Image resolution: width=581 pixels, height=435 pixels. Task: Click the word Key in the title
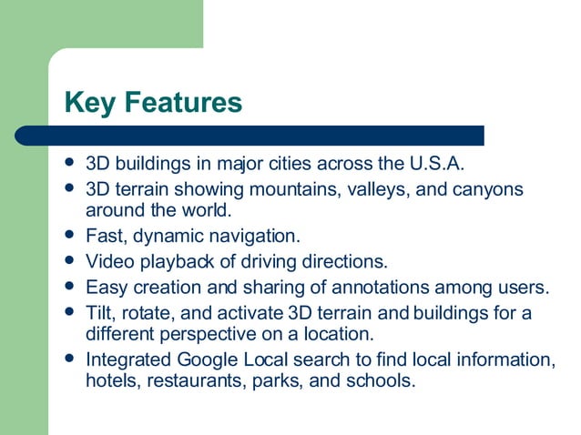[88, 102]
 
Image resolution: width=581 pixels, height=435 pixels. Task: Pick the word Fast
[104, 238]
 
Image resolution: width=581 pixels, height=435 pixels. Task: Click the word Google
[198, 359]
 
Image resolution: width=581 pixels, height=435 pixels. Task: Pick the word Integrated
[125, 359]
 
